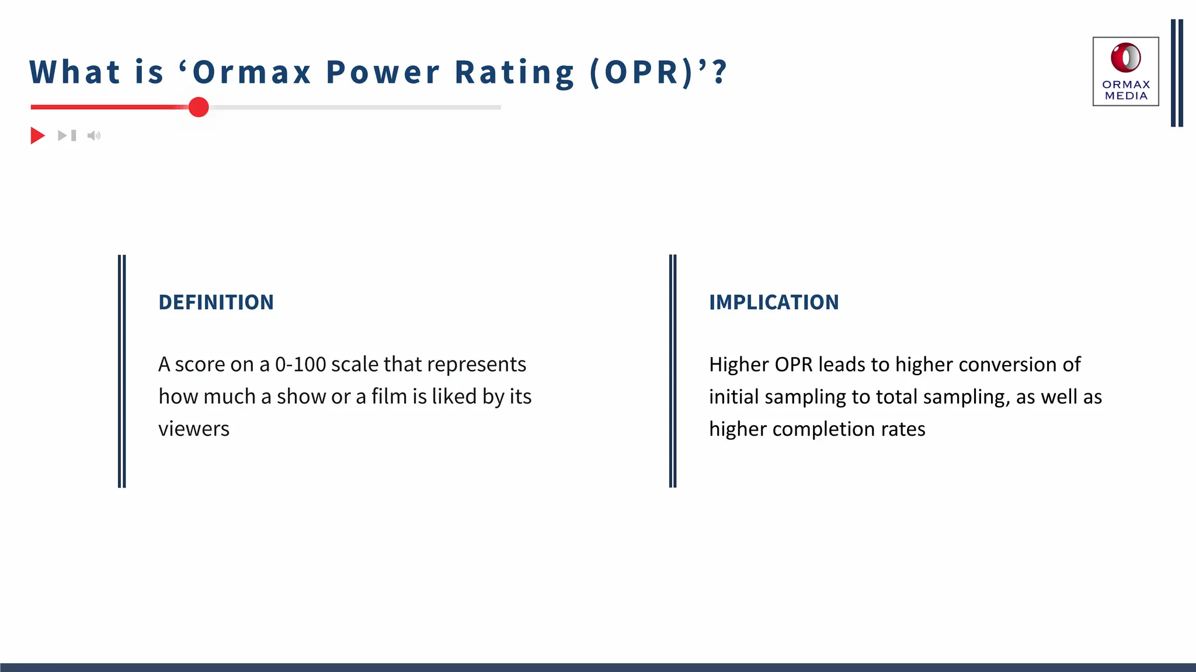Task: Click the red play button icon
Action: [x=37, y=136]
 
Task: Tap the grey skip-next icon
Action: [x=67, y=136]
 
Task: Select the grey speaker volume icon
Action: [x=93, y=136]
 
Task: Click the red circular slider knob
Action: [x=199, y=107]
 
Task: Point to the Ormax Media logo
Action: [x=1125, y=71]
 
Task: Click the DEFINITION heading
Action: [x=216, y=302]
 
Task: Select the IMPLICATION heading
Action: [x=774, y=302]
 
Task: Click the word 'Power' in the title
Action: [x=383, y=72]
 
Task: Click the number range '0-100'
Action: [x=300, y=365]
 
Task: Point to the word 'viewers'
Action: [x=194, y=429]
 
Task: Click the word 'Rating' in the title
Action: [x=514, y=72]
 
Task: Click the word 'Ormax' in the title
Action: [x=252, y=72]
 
